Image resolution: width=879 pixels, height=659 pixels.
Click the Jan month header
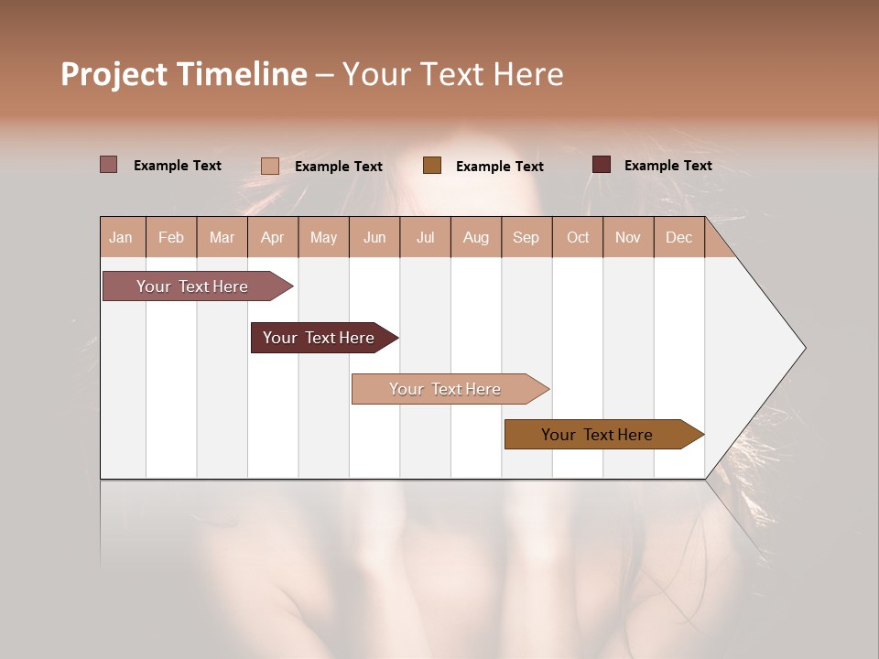tap(121, 238)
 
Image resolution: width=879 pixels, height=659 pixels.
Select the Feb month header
tap(171, 238)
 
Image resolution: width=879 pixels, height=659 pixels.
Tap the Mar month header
tap(222, 238)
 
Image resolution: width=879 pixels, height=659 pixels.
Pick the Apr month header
tap(273, 238)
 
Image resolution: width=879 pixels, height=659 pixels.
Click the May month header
tap(323, 238)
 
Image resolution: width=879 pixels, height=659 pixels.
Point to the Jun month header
tap(374, 238)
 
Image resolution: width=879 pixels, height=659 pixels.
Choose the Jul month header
tap(425, 238)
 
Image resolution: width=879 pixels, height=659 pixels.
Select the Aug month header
tap(476, 238)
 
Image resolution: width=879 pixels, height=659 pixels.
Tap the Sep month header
tap(526, 238)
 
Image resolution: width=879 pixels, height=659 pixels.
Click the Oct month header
tap(578, 238)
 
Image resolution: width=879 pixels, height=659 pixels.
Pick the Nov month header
tap(628, 238)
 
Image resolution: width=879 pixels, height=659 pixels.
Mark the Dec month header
tap(679, 238)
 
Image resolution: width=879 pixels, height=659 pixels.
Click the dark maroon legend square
tap(602, 165)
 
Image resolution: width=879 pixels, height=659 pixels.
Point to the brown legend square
tap(432, 166)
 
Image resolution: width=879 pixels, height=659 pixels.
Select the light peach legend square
tap(270, 166)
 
